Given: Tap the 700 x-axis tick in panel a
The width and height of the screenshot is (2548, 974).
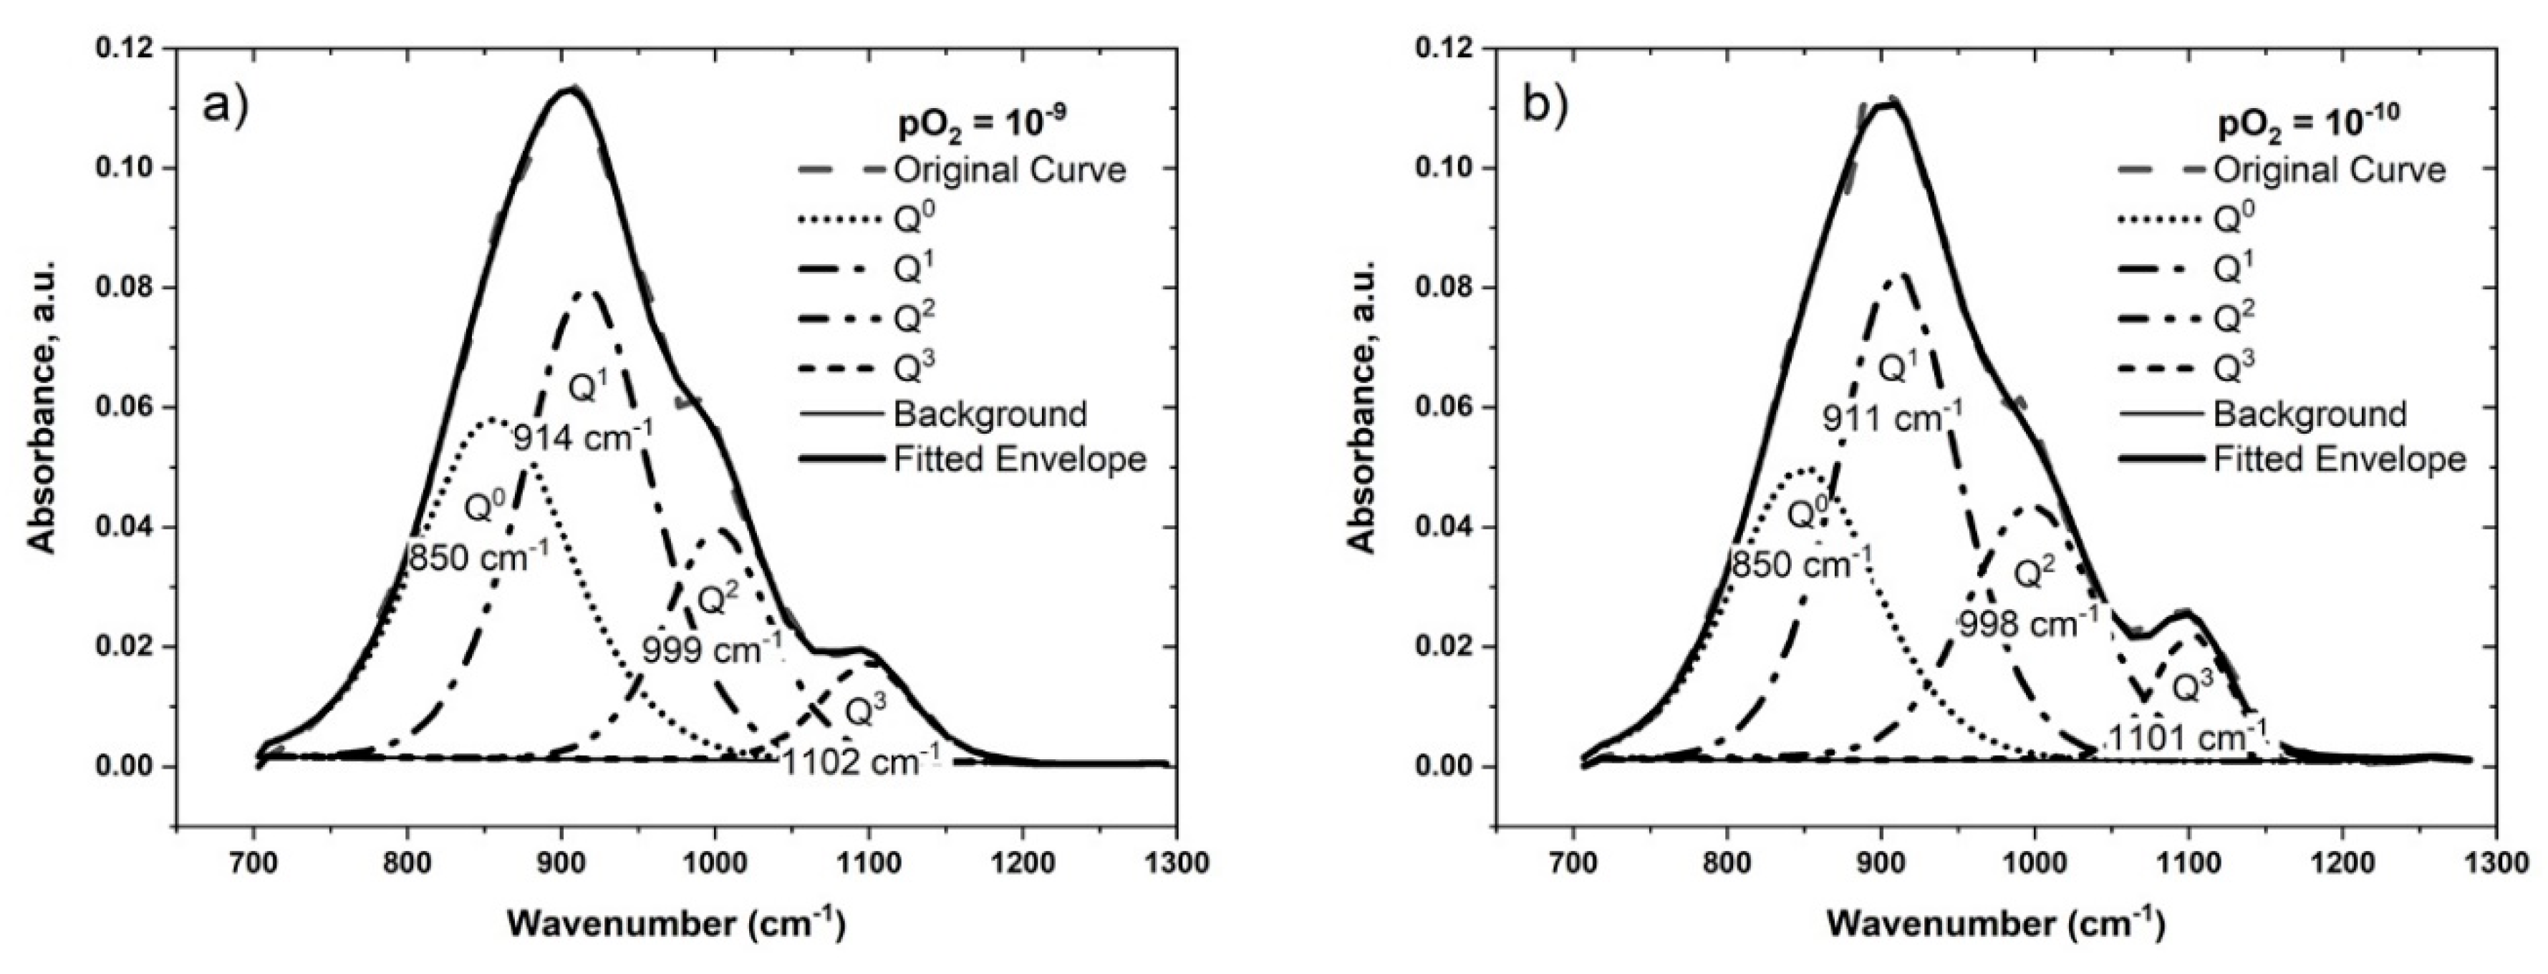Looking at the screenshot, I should (254, 863).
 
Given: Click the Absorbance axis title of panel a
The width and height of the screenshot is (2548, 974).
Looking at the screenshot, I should (42, 406).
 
